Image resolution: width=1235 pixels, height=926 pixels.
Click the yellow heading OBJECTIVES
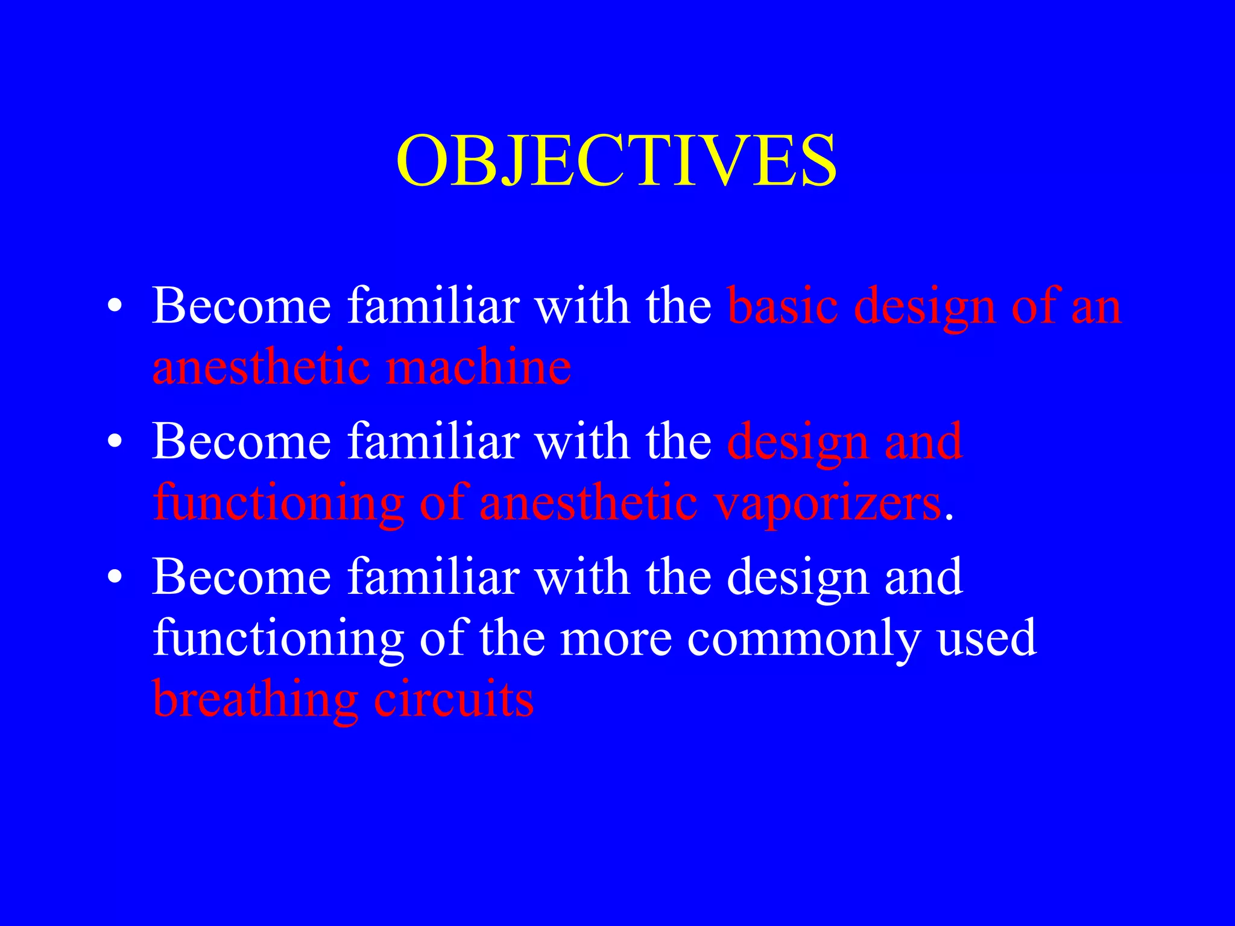(616, 160)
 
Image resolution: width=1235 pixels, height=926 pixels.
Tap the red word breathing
(256, 699)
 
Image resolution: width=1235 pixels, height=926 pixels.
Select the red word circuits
(453, 699)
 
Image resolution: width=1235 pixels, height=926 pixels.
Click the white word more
(616, 639)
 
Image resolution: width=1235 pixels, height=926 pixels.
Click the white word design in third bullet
(797, 579)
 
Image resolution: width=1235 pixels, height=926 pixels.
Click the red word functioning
(278, 503)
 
